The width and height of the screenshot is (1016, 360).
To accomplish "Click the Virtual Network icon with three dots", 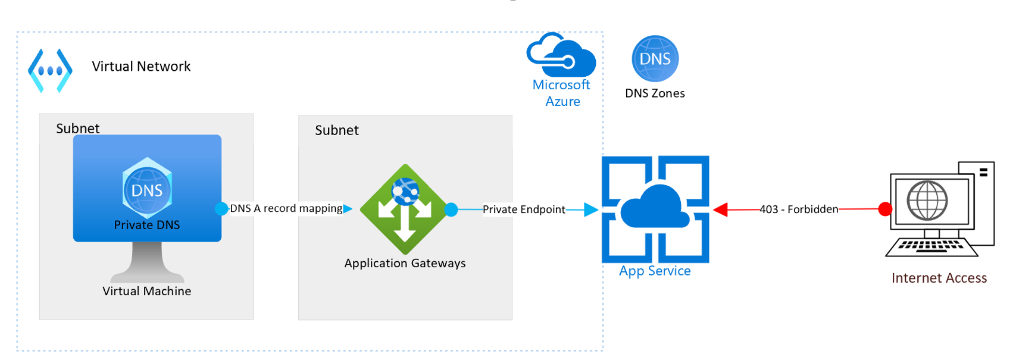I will tap(51, 71).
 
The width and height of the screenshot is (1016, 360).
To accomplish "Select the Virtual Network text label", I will tap(141, 67).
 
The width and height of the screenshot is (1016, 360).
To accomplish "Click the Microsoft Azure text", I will tap(561, 93).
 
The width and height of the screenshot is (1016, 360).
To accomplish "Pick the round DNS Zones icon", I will tap(655, 58).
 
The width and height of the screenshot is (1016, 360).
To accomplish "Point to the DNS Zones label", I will tap(655, 93).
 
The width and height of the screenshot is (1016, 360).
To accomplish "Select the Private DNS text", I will tap(147, 225).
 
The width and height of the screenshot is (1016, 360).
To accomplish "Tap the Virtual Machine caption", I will tap(146, 291).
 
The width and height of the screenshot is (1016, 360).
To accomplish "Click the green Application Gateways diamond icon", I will tap(405, 209).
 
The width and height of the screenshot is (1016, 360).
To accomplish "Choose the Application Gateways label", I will tap(405, 263).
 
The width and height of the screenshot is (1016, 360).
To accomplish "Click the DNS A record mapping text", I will tap(286, 208).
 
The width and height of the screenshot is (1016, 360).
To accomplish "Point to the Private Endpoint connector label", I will tap(524, 209).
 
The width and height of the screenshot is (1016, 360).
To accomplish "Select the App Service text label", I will tap(655, 271).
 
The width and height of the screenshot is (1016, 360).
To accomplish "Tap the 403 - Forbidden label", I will tap(799, 209).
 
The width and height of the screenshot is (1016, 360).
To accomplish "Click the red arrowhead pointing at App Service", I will tap(720, 209).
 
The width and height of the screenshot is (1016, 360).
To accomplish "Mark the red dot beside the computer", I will tap(885, 209).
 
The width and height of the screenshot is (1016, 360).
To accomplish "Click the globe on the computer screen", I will tap(927, 201).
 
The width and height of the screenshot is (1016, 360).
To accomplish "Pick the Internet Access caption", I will tap(939, 278).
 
